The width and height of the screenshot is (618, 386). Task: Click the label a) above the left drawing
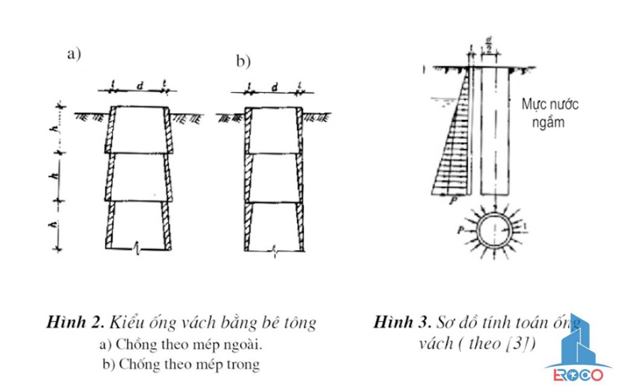(x=74, y=54)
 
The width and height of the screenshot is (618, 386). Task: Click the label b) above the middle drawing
(x=243, y=62)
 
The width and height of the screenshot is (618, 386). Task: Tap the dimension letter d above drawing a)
(x=139, y=87)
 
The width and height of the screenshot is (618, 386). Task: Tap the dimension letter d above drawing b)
(x=274, y=87)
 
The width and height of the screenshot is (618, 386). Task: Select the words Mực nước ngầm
(x=549, y=113)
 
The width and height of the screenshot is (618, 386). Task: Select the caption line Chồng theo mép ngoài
(x=181, y=345)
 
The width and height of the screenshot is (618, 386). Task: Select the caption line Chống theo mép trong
(x=181, y=364)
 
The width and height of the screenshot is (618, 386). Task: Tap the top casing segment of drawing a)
(x=139, y=130)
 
